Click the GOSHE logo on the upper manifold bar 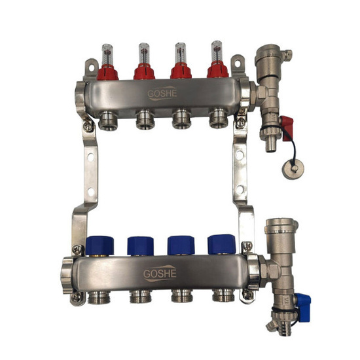point(162,93)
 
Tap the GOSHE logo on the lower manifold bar point(160,274)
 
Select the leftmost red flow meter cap point(107,72)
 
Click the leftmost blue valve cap point(100,245)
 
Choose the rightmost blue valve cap point(221,244)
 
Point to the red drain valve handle point(287,128)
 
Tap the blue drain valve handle point(303,308)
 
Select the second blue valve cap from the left point(141,245)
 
